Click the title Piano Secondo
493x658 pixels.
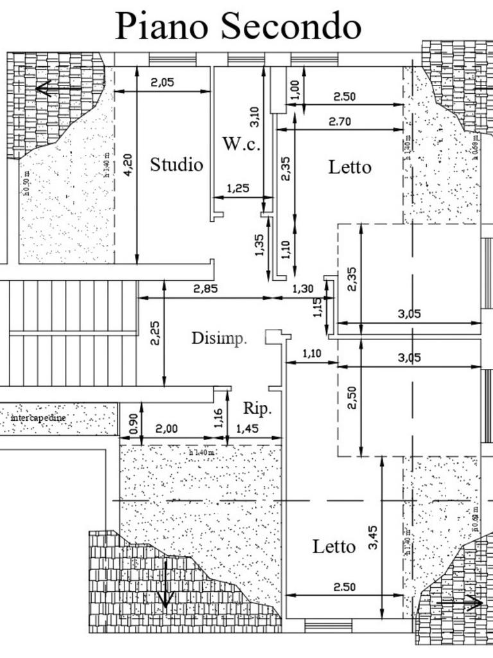pos(238,26)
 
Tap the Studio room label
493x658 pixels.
pos(177,164)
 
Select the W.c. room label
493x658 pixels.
pos(241,144)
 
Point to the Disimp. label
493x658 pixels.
pos(219,338)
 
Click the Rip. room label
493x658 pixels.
pos(257,408)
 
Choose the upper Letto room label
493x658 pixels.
pos(350,167)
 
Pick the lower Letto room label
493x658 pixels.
pos(334,547)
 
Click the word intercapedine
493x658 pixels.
pos(39,418)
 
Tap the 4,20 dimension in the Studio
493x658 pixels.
pos(128,165)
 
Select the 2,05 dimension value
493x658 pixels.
pos(162,82)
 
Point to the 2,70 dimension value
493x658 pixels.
pos(340,121)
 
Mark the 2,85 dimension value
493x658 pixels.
pos(205,289)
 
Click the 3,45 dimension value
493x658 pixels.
pos(374,537)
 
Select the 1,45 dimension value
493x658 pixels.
pos(248,429)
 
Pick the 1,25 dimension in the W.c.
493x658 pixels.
pos(239,188)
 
